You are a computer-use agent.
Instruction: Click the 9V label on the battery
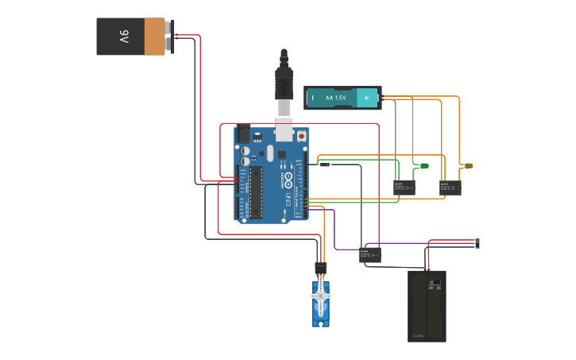pos(124,37)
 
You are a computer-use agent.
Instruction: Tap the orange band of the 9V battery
pos(154,37)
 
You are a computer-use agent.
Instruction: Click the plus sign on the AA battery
pos(366,98)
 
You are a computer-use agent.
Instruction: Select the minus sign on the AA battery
pos(313,98)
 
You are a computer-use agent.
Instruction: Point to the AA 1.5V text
pos(336,98)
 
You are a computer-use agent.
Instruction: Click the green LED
pos(423,166)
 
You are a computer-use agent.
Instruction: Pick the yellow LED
pos(469,166)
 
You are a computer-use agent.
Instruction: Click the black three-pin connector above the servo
pos(321,268)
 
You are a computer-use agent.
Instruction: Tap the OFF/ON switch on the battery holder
pos(435,285)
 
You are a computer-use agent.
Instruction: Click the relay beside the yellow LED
pos(451,188)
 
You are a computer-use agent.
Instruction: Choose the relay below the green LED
pos(404,188)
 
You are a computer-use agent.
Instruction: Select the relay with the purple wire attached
pos(370,255)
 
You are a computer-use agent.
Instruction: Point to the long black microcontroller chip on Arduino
pos(256,192)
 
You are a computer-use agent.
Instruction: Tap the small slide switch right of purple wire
pos(477,243)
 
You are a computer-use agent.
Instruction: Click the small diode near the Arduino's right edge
pos(324,164)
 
